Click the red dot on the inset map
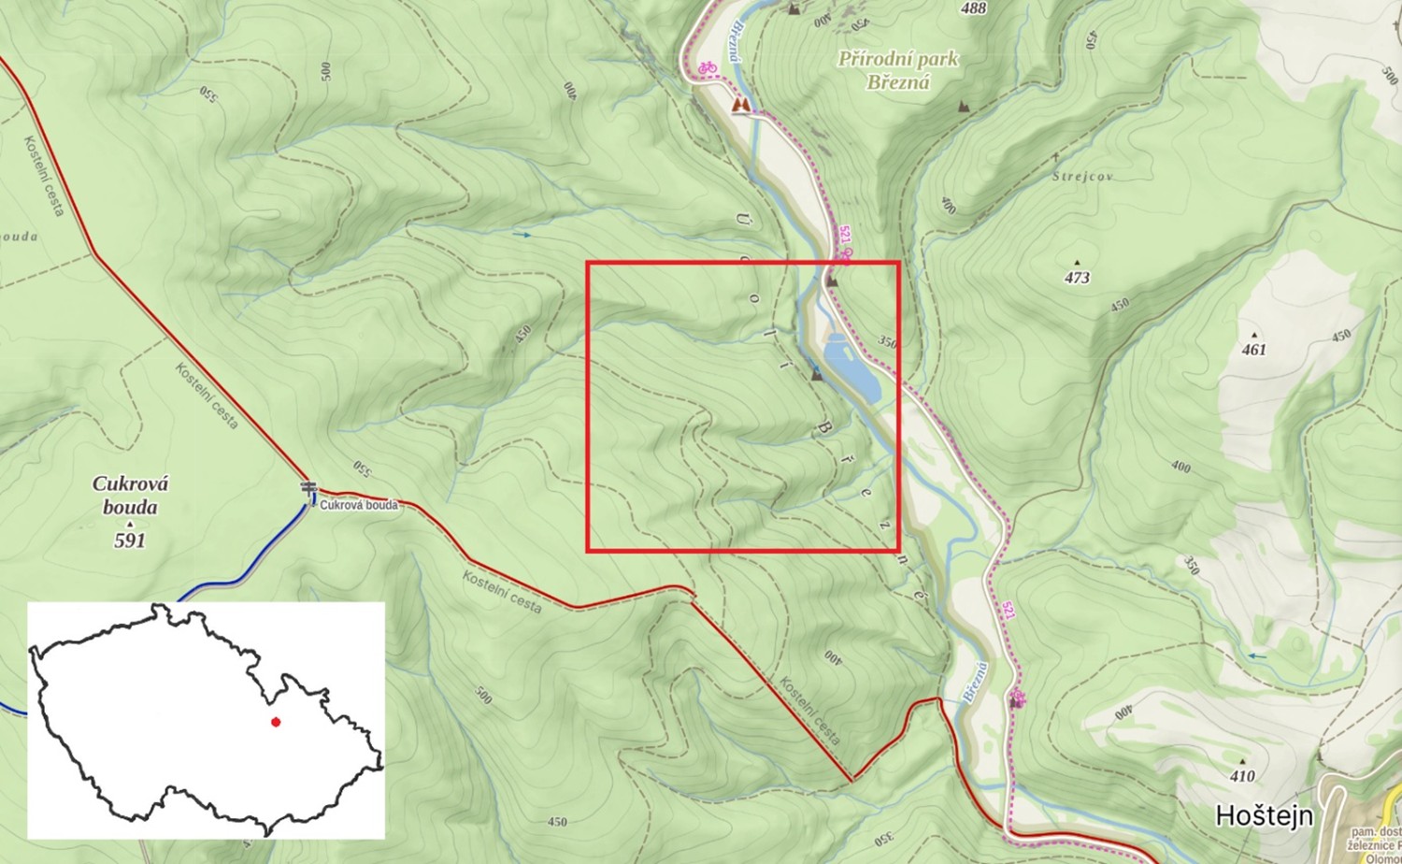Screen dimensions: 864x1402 [x=275, y=721]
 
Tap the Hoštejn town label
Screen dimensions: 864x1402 [x=1264, y=815]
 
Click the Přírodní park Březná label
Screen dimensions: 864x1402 [x=897, y=70]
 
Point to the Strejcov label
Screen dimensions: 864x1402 [x=1082, y=176]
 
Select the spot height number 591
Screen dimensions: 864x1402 [x=130, y=540]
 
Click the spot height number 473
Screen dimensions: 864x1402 [x=1077, y=278]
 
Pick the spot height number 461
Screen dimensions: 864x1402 [x=1253, y=350]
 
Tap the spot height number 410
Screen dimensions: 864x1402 [x=1242, y=776]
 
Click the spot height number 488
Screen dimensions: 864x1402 [x=973, y=8]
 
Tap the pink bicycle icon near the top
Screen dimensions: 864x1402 [x=707, y=67]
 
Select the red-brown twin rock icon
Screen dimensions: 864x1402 [x=741, y=106]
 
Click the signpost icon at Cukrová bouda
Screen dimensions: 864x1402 [x=308, y=489]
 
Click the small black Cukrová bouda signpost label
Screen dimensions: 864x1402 [x=359, y=505]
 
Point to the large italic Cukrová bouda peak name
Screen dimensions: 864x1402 [x=130, y=496]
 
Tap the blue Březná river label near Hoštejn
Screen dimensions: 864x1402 [x=974, y=682]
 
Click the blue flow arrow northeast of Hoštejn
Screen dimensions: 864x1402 [x=1257, y=656]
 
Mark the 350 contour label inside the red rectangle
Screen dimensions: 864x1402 [x=887, y=342]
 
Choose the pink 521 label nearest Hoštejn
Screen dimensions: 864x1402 [x=1008, y=611]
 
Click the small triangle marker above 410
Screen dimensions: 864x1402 [x=1242, y=761]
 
